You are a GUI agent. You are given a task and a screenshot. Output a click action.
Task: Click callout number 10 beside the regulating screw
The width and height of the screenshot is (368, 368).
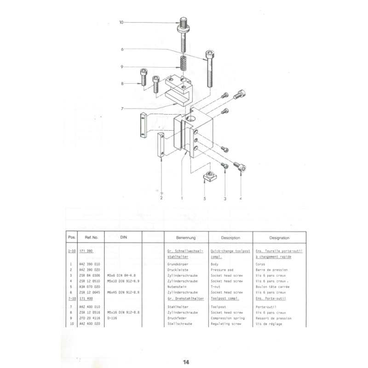tap(121, 22)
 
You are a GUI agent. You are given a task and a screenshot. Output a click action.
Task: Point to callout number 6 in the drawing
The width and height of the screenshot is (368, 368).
tap(122, 49)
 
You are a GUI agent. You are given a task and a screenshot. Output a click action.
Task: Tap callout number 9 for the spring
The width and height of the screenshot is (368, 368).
tap(122, 67)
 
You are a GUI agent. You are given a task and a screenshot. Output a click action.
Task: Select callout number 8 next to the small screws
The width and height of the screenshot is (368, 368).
tap(122, 84)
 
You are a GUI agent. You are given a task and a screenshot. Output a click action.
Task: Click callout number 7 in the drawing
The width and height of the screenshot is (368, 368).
tap(122, 109)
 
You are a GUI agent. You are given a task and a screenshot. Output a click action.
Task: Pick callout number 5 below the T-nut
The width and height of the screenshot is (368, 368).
tap(205, 199)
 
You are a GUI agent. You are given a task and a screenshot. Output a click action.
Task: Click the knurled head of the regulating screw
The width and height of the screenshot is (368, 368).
tap(183, 21)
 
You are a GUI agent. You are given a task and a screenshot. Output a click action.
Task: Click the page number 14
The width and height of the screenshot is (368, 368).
tap(186, 362)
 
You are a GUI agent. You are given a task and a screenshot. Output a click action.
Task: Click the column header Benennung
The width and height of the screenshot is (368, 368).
tap(186, 238)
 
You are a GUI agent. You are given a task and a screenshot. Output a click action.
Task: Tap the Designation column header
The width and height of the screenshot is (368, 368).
tap(279, 238)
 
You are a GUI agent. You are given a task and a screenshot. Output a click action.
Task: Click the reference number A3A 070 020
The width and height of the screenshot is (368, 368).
tap(89, 286)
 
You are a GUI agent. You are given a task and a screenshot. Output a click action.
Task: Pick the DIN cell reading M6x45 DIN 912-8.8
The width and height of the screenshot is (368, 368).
tap(123, 292)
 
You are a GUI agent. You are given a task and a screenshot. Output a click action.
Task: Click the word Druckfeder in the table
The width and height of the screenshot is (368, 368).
tap(177, 318)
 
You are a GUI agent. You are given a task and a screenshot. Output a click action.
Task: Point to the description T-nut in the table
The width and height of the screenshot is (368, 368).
tap(218, 286)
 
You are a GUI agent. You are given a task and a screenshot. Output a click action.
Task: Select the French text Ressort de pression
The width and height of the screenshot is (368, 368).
tap(273, 318)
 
